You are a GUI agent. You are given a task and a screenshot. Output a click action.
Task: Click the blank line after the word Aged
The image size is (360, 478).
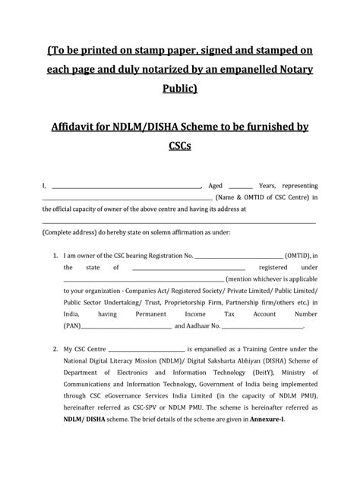pos(241,184)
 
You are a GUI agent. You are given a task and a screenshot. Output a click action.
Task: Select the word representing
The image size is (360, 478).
pos(298,184)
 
